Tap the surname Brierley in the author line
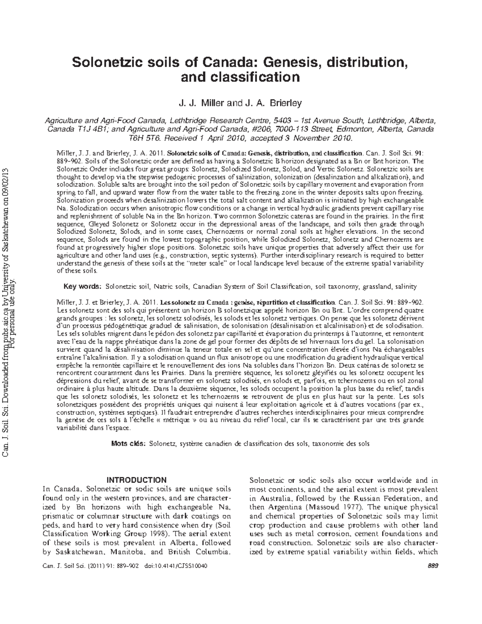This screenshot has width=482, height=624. pos(284,103)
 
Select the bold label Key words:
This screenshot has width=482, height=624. pos(83,286)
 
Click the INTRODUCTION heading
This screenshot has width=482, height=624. pos(136,480)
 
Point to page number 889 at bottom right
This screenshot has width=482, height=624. pos(433,565)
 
